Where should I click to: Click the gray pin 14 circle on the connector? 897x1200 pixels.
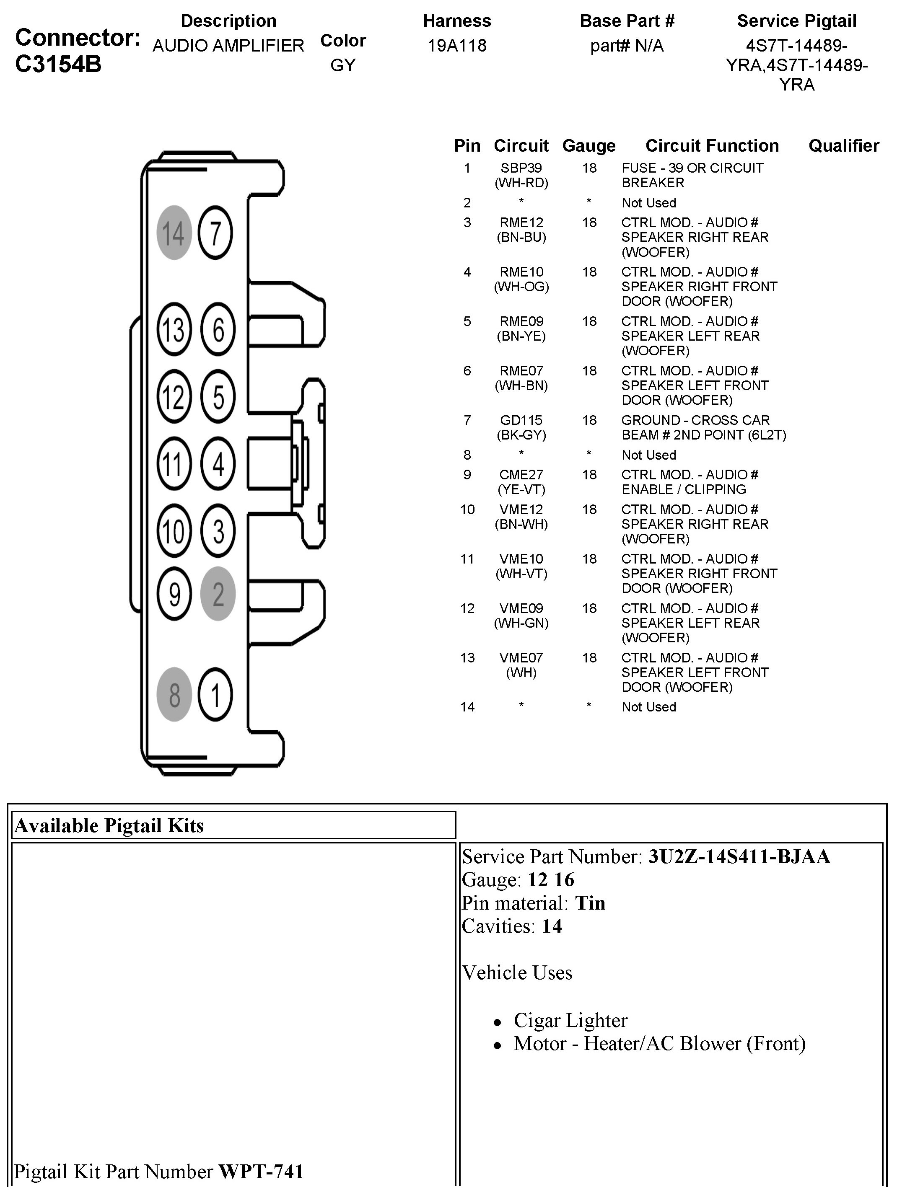[174, 233]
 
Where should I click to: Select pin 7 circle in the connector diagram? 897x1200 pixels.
[215, 233]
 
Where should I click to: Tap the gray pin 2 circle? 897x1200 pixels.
[218, 593]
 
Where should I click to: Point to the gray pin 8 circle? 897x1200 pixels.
[174, 694]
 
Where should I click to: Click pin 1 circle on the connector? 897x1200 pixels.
[215, 694]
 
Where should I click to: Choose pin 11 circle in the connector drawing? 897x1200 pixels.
[174, 464]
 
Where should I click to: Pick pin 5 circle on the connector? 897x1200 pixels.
[218, 396]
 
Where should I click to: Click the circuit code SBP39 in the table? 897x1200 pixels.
[521, 168]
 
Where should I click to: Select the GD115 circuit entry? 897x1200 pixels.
[521, 420]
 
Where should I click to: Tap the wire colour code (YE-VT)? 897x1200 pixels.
[521, 489]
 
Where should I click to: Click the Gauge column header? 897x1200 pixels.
[589, 146]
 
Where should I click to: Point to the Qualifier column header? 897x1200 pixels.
[844, 145]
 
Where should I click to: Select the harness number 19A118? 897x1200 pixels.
[457, 46]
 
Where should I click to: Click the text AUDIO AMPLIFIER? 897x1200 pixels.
[228, 46]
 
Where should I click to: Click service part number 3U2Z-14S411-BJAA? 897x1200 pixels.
[739, 856]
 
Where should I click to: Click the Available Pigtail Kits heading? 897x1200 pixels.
[109, 826]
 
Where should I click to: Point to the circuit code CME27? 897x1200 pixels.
[521, 475]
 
